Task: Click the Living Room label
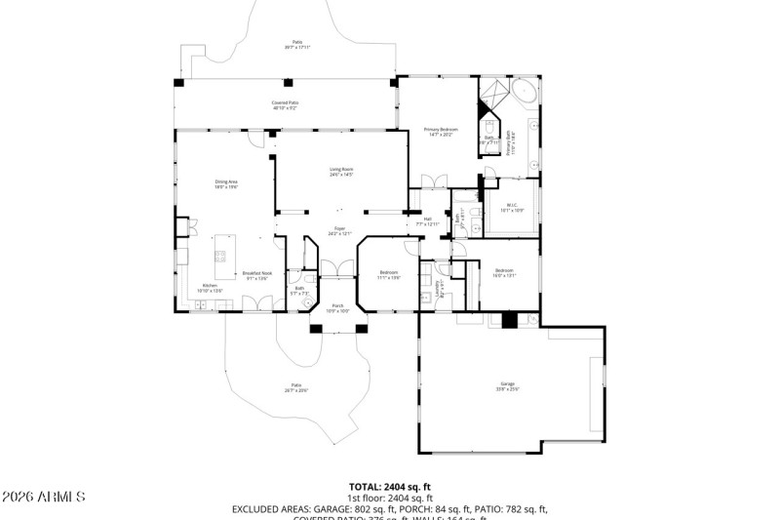(x=340, y=172)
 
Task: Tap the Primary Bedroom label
(x=440, y=132)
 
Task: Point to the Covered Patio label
(x=285, y=104)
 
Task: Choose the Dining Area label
(x=226, y=183)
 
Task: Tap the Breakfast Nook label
(x=257, y=275)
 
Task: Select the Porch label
(x=338, y=308)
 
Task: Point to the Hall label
(x=424, y=221)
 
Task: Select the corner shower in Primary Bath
(x=491, y=97)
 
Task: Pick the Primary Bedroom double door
(x=432, y=180)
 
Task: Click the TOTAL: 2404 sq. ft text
(x=390, y=486)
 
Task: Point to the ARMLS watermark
(x=43, y=498)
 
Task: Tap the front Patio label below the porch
(x=295, y=387)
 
